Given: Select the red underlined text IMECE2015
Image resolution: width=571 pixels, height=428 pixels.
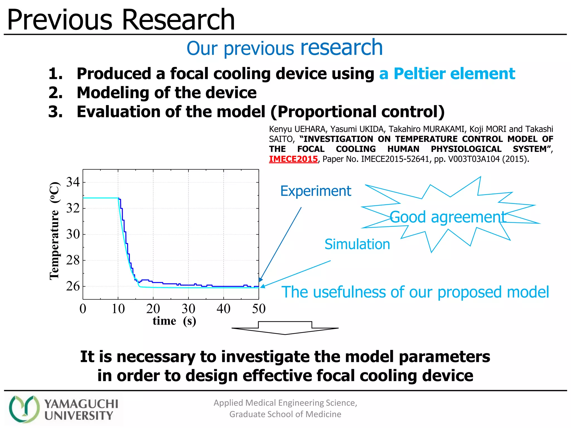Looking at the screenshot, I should tap(293, 159).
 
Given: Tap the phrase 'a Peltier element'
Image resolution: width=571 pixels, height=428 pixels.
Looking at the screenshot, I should tap(447, 74).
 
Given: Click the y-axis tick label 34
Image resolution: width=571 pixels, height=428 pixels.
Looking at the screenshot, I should tap(73, 182).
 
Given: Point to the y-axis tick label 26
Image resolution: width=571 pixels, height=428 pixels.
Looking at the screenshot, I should tap(73, 286).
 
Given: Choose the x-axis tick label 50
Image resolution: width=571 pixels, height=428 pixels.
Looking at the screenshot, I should tap(259, 309).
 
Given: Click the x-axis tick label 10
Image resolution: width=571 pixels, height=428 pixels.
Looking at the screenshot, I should tap(118, 309).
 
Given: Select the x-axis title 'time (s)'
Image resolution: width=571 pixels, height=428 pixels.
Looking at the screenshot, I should tap(174, 321).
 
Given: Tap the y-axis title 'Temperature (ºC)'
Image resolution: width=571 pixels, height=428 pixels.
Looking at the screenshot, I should tap(54, 230).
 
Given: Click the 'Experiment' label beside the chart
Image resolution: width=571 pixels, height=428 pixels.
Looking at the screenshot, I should tap(316, 191).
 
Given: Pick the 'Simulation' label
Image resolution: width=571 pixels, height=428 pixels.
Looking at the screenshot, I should tap(357, 244).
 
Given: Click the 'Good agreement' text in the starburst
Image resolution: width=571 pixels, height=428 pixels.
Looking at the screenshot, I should tap(447, 217).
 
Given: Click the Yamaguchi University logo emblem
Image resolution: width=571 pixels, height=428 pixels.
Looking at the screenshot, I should tap(24, 409).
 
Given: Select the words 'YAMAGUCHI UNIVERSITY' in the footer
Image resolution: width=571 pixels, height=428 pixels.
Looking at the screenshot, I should tap(81, 409).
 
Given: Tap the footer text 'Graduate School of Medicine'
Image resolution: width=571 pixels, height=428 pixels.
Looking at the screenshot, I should tap(285, 414).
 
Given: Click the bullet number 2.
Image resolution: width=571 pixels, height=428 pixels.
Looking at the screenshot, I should tap(55, 93).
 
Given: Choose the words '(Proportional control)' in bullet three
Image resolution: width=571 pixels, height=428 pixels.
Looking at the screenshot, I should tap(357, 112).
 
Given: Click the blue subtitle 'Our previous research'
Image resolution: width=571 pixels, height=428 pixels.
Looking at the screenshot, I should tap(285, 48).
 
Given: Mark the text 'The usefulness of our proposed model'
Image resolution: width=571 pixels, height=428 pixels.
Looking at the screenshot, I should tap(415, 292).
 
